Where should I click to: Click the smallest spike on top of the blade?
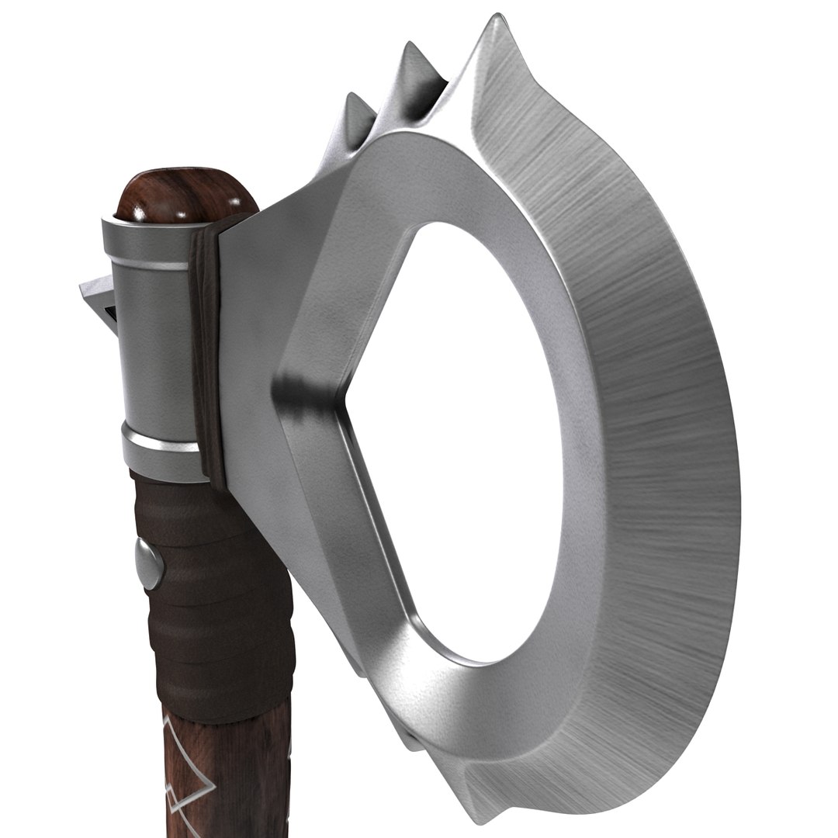pyautogui.click(x=356, y=116)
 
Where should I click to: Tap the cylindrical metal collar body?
pyautogui.click(x=155, y=349)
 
